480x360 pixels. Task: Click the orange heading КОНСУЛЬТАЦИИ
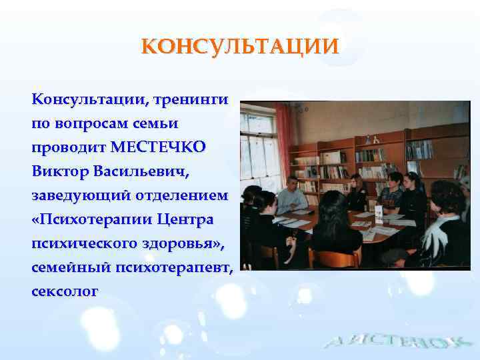click(x=240, y=47)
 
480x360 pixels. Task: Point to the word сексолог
click(x=65, y=291)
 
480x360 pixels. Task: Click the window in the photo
click(x=260, y=153)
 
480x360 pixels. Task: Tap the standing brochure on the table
click(x=378, y=213)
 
